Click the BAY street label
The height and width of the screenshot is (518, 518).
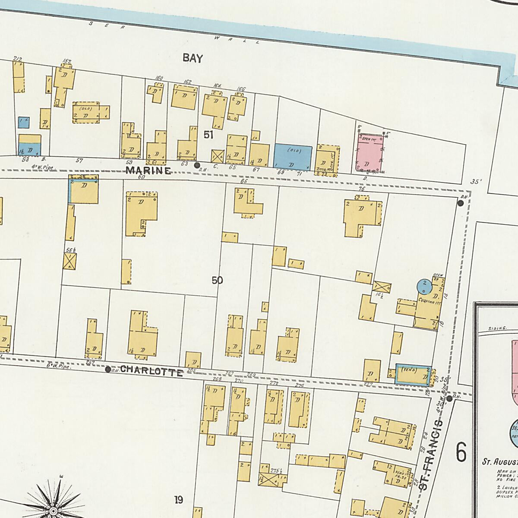[x=193, y=58]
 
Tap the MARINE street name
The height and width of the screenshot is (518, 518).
[x=148, y=171]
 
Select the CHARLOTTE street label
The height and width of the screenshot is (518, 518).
[x=151, y=370]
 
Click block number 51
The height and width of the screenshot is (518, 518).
[x=208, y=135]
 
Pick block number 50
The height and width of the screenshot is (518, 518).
[x=217, y=281]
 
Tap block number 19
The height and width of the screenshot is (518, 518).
[x=178, y=500]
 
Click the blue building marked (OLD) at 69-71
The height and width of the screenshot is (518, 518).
[x=293, y=157]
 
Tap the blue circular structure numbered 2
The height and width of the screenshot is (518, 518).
[x=424, y=285]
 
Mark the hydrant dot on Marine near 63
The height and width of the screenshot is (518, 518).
[x=197, y=165]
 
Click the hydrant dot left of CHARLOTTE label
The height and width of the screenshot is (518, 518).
[x=108, y=370]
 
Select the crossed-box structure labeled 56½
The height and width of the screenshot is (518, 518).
[x=70, y=262]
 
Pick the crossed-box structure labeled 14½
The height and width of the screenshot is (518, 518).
[x=382, y=287]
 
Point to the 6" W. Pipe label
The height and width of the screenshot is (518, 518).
[x=58, y=366]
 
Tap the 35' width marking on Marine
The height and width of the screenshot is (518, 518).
[x=476, y=182]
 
